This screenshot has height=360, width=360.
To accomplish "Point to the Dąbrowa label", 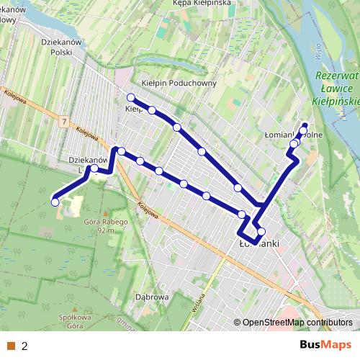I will (x=151, y=296).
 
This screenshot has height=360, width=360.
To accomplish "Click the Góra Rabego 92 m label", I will (x=99, y=226).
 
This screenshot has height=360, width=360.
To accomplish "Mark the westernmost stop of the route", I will (x=55, y=202).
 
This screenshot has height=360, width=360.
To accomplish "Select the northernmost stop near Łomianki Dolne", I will (x=304, y=125).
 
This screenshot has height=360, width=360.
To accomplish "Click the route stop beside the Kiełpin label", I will (x=131, y=97).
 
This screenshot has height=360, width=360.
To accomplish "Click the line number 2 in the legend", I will (x=24, y=346).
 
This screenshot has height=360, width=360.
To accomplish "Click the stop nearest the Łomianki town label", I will (x=261, y=232).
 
